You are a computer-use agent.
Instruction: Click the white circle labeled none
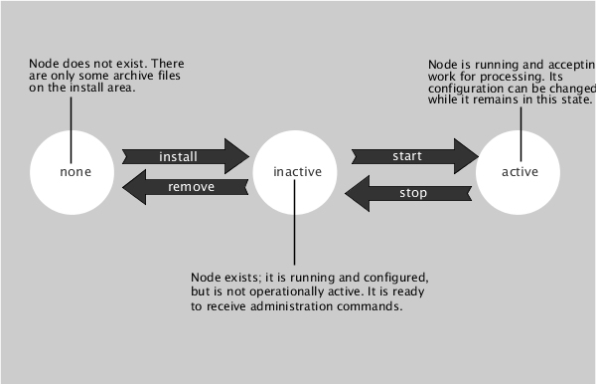click(x=74, y=171)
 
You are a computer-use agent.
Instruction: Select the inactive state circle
click(x=297, y=172)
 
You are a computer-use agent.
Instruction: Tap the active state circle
click(x=520, y=171)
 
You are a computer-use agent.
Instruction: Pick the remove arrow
click(x=184, y=186)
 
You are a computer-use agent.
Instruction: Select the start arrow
click(x=414, y=157)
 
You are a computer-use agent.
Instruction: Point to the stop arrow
click(x=406, y=192)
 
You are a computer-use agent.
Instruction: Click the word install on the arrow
click(x=179, y=157)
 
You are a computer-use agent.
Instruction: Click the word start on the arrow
click(x=407, y=157)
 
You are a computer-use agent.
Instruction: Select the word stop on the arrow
click(x=412, y=192)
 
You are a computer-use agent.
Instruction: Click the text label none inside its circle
click(x=74, y=171)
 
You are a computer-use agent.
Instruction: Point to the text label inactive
click(x=297, y=172)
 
